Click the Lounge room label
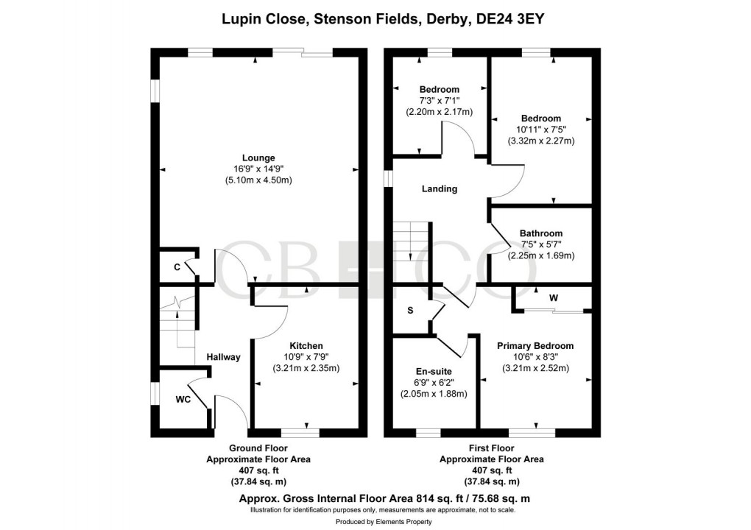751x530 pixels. point(258,158)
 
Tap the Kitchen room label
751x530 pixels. point(306,345)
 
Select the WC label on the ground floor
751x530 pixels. point(183,400)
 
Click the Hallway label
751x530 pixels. point(223,357)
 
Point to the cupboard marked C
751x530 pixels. point(177,267)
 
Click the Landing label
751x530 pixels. point(439,189)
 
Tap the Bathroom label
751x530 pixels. point(540,233)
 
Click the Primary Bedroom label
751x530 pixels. point(535,345)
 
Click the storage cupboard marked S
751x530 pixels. point(410,311)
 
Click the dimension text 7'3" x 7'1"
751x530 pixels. point(439,101)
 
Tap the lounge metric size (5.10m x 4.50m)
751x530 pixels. point(258,180)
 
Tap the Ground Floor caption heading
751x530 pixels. point(258,448)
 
